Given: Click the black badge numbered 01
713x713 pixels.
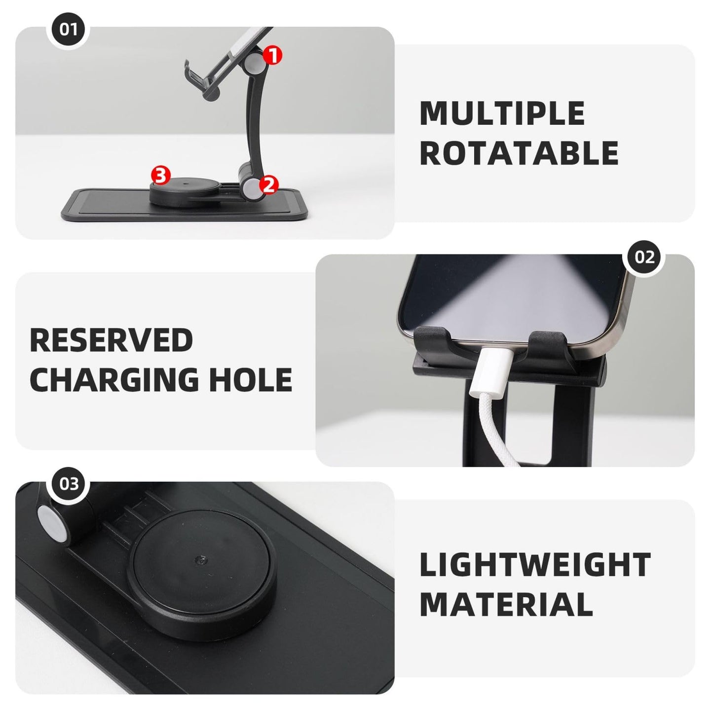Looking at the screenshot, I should pyautogui.click(x=69, y=29).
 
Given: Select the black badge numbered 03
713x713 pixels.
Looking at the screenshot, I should pyautogui.click(x=69, y=484).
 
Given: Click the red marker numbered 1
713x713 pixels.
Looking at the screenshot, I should pyautogui.click(x=272, y=55).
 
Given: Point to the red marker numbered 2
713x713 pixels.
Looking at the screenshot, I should pyautogui.click(x=269, y=185).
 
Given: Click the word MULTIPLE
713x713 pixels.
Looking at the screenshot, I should pyautogui.click(x=502, y=113).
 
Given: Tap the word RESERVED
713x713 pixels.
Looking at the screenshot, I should pyautogui.click(x=112, y=340).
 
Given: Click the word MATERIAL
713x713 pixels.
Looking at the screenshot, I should pyautogui.click(x=506, y=604).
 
